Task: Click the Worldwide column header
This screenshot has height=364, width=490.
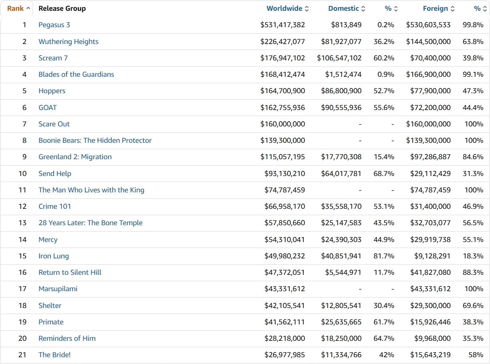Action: pyautogui.click(x=284, y=8)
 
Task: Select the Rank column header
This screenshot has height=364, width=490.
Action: pyautogui.click(x=16, y=8)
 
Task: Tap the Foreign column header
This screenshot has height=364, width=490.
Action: pyautogui.click(x=435, y=8)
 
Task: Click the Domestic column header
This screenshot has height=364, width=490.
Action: pyautogui.click(x=343, y=8)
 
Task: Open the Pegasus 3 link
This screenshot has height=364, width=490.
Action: pyautogui.click(x=54, y=25)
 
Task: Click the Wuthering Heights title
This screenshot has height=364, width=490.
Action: pyautogui.click(x=68, y=42)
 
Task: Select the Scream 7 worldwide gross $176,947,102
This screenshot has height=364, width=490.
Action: pyautogui.click(x=282, y=58)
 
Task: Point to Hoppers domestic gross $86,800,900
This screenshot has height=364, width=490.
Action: pyautogui.click(x=341, y=91)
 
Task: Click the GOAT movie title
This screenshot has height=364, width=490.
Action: pyautogui.click(x=47, y=108)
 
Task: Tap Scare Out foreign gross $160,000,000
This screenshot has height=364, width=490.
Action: pyautogui.click(x=428, y=124)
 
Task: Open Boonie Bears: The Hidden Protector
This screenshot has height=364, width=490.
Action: pyautogui.click(x=95, y=140)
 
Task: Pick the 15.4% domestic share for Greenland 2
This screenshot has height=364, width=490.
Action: pyautogui.click(x=384, y=157)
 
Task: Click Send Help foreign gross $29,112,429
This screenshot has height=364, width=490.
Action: pyautogui.click(x=430, y=174)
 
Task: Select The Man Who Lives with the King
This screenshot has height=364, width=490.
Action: pyautogui.click(x=91, y=190)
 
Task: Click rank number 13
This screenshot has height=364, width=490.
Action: pyautogui.click(x=22, y=223)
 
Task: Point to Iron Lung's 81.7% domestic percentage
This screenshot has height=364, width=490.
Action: pyautogui.click(x=384, y=256)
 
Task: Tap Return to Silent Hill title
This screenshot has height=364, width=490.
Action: pyautogui.click(x=70, y=272)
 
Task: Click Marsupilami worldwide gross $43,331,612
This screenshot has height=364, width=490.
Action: pyautogui.click(x=284, y=289)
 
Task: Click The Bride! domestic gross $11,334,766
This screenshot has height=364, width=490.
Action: pyautogui.click(x=341, y=355)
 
